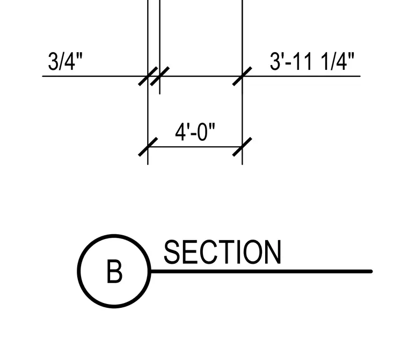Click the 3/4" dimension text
pos(65,61)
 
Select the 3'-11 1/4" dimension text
pos(312,61)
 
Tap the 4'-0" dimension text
pos(195,132)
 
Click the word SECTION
pos(222,252)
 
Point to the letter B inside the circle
pos(114,271)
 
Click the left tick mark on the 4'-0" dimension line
pos(148,147)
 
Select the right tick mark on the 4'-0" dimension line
pos(242,147)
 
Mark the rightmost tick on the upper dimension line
pos(242,76)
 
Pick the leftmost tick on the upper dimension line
pos(148,76)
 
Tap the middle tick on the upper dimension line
pos(160,76)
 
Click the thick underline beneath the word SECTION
pos(261,271)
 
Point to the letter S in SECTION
pos(172,252)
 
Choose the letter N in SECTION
pos(272,252)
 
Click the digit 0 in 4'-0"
pos(202,132)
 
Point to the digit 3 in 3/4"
pos(53,61)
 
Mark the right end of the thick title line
pos(371,271)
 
